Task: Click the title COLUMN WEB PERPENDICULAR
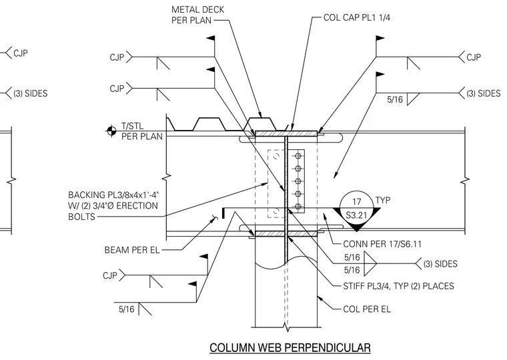coord(290,348)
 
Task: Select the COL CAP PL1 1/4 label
coord(357,17)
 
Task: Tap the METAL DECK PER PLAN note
coord(197,15)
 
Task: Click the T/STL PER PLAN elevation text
coord(142,131)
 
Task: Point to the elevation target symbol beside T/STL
coord(111,131)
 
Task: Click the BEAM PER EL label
coord(132,250)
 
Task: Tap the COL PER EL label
coord(367,309)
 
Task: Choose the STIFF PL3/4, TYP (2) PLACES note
coord(398,286)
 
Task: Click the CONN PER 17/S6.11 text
coord(382,244)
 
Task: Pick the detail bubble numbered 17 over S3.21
coord(356,209)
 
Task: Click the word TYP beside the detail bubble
coord(383,201)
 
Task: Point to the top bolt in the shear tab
coord(298,156)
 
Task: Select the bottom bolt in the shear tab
coord(298,207)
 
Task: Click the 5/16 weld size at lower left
coord(126,309)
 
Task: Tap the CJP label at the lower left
coord(110,275)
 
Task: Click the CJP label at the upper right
coord(474,57)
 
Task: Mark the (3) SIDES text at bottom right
coord(440,264)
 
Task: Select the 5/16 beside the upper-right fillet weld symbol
coord(395,99)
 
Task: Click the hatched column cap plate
coord(286,133)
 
